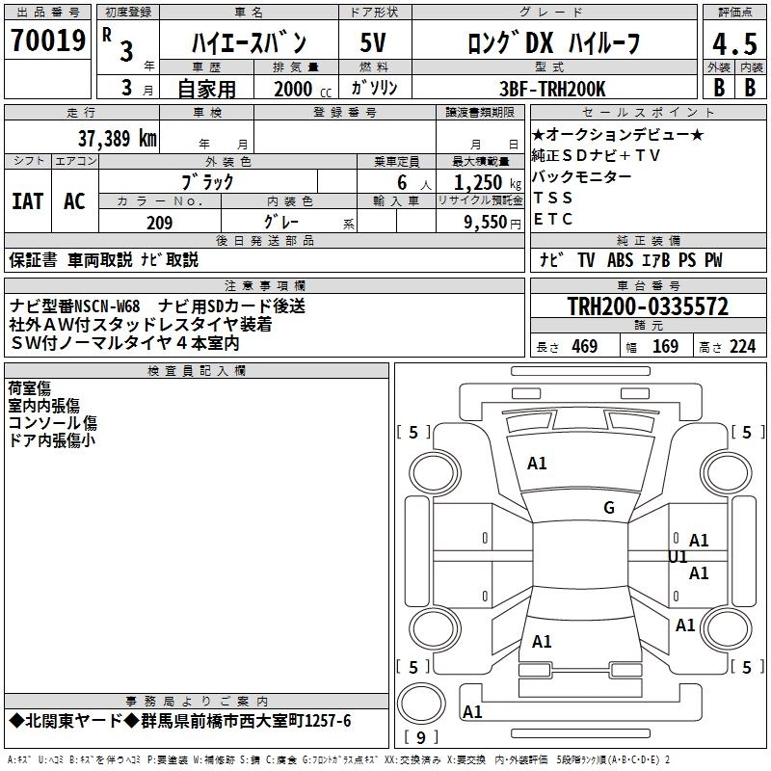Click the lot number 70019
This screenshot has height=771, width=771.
[47, 41]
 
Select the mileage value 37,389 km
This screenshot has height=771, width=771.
[118, 138]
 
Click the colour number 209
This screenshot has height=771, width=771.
[160, 223]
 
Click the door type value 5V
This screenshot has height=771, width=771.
[373, 44]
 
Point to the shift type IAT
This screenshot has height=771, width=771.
[27, 201]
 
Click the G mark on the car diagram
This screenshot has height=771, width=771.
[609, 507]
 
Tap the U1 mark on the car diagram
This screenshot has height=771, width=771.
[678, 557]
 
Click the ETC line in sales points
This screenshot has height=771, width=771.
[553, 219]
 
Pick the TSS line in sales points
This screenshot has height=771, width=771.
[553, 198]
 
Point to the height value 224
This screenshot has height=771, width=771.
[743, 347]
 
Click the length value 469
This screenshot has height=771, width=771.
[584, 347]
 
